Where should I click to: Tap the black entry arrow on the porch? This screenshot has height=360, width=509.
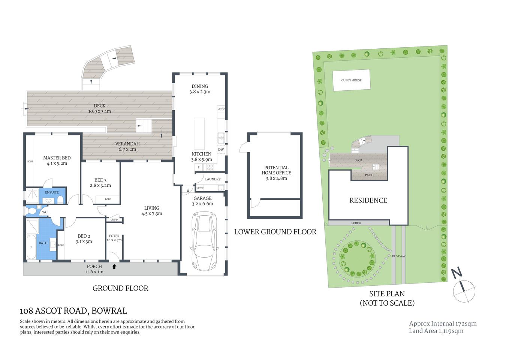click(x=114, y=267)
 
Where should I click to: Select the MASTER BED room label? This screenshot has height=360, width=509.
click(x=57, y=158)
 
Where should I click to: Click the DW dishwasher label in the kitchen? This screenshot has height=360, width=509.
click(x=221, y=149)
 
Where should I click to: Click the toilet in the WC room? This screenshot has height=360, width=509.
click(x=32, y=211)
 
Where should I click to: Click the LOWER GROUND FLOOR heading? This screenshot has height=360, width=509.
click(x=275, y=232)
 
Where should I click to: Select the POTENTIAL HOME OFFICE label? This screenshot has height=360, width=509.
click(x=276, y=170)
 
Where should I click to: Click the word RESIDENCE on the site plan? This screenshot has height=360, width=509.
click(x=368, y=200)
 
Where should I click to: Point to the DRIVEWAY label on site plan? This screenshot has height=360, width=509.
click(x=398, y=256)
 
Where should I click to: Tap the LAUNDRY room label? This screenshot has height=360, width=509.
click(x=213, y=179)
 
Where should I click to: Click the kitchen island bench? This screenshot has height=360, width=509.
click(x=199, y=133)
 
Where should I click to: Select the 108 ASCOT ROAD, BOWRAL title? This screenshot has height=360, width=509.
click(x=73, y=311)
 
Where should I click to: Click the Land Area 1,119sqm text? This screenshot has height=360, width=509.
click(x=436, y=331)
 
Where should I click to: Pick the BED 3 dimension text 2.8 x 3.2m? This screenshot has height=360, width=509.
click(x=100, y=185)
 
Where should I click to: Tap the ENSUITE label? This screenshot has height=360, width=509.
click(x=52, y=192)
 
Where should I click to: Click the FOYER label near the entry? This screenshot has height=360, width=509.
click(x=114, y=236)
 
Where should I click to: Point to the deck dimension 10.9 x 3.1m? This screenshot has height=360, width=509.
click(x=100, y=111)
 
